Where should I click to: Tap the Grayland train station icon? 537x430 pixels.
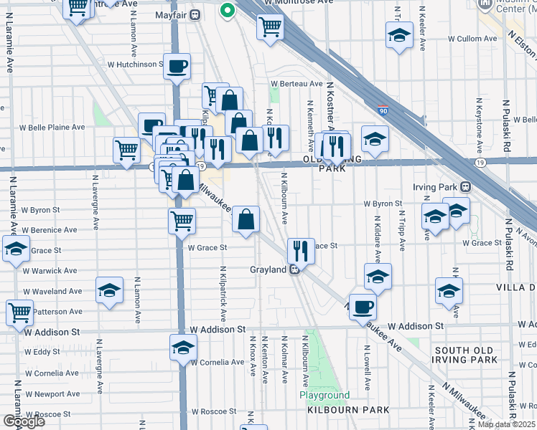(294, 270)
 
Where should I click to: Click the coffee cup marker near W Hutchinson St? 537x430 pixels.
(177, 67)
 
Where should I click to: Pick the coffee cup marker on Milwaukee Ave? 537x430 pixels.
(363, 307)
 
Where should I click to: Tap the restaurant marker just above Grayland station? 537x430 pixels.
(301, 251)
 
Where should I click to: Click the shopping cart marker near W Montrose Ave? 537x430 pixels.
(270, 28)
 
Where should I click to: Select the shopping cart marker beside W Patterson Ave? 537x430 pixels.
(19, 312)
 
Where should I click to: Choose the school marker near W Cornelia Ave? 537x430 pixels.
(184, 348)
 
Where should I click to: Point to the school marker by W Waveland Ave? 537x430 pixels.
(109, 290)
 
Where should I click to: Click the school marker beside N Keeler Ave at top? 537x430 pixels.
(400, 36)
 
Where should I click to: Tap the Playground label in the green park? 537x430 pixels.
(324, 396)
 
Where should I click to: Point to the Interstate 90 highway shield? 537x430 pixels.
(384, 111)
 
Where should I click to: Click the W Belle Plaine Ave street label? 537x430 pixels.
(52, 128)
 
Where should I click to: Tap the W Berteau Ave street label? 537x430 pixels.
(296, 85)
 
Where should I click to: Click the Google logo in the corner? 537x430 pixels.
(23, 421)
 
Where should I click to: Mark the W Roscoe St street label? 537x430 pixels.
(214, 411)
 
